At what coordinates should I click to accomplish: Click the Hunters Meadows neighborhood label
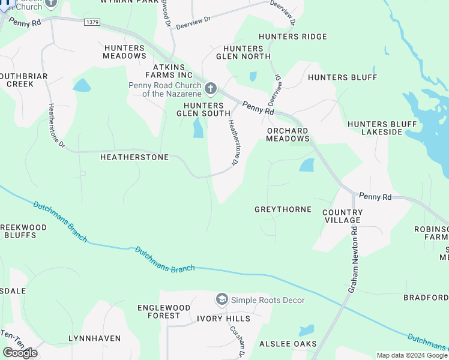click(x=125, y=52)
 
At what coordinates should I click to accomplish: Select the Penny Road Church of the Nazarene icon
click(x=210, y=89)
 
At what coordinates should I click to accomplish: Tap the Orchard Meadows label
click(x=288, y=134)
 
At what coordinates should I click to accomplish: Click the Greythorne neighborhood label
click(x=283, y=209)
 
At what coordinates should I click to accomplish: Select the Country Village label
click(x=342, y=217)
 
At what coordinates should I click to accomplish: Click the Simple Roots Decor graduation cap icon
click(x=222, y=299)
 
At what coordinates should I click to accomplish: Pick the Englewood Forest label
click(x=158, y=311)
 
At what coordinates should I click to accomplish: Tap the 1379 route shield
click(x=92, y=22)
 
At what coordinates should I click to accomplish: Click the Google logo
click(x=20, y=353)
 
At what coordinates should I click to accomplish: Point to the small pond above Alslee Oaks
click(x=306, y=330)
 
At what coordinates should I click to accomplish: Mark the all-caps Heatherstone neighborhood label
click(x=134, y=157)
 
